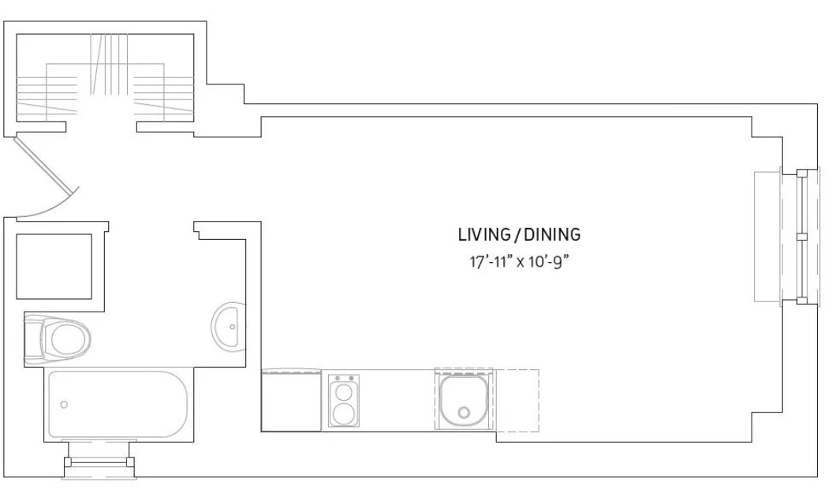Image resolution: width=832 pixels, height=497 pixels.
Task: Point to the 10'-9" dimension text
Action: click(550, 262)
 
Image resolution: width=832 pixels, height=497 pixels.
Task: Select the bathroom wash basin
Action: click(229, 327)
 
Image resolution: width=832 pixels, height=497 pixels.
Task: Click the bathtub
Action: click(118, 404)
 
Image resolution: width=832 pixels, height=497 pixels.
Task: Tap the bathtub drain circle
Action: click(64, 405)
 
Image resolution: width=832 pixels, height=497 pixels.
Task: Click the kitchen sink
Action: click(464, 399)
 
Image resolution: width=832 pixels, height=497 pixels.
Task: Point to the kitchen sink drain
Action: click(465, 412)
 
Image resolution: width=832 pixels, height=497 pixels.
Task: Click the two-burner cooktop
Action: click(343, 401)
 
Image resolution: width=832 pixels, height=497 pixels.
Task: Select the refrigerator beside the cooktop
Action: click(291, 401)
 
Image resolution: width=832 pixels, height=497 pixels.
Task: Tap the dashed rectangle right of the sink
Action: click(517, 401)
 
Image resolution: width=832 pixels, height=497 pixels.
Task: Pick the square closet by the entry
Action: click(54, 267)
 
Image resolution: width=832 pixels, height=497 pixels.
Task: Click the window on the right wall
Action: click(788, 237)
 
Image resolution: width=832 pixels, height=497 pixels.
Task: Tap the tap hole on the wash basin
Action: click(233, 327)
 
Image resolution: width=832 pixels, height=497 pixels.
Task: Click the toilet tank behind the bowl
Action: click(33, 338)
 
